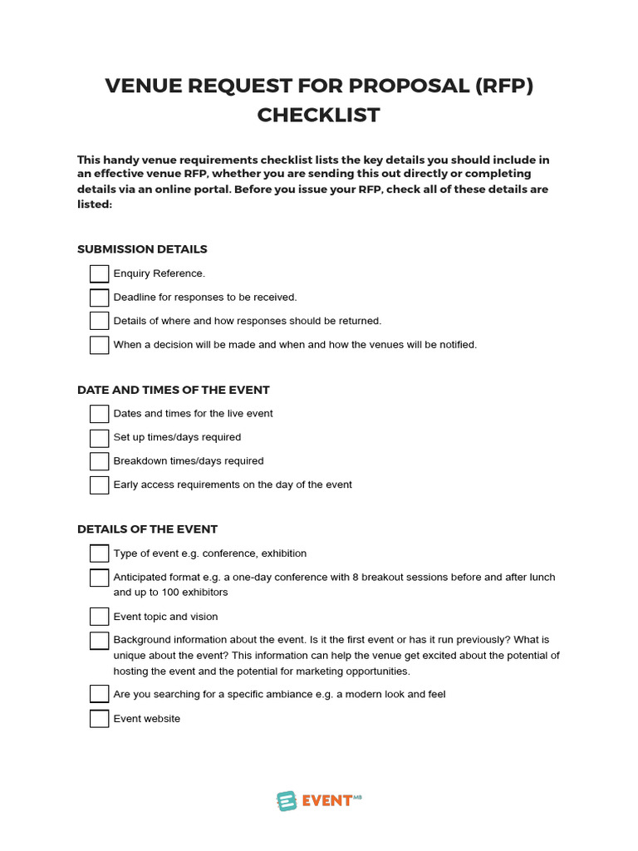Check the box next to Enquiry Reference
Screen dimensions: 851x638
(x=99, y=273)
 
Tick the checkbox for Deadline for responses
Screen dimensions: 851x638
(x=99, y=298)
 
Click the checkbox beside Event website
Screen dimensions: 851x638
(x=99, y=719)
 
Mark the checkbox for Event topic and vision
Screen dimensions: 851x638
(x=99, y=617)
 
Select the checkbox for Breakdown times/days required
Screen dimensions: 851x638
(x=99, y=461)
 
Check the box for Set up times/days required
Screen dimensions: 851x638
(x=99, y=437)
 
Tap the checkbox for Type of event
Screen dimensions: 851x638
(x=99, y=553)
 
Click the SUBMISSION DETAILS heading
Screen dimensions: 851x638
(x=142, y=249)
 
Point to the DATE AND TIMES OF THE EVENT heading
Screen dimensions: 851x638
(x=173, y=390)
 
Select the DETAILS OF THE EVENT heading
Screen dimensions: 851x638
(x=147, y=529)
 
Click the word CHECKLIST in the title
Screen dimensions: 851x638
(x=318, y=115)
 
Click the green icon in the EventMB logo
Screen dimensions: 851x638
(x=287, y=800)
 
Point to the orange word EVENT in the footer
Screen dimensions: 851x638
(x=326, y=801)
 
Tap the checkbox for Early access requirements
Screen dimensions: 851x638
(x=99, y=485)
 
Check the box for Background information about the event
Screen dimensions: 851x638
(x=99, y=641)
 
